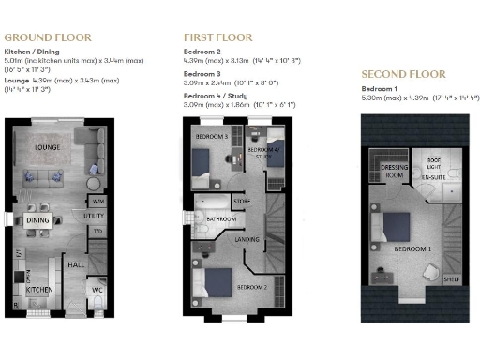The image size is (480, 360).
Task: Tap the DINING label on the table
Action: pyautogui.click(x=38, y=220)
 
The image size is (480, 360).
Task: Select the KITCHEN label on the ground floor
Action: pyautogui.click(x=38, y=291)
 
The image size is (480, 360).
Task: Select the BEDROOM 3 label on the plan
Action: pyautogui.click(x=212, y=138)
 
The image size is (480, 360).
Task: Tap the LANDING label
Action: pyautogui.click(x=247, y=240)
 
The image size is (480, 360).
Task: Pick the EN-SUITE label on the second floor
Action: pyautogui.click(x=431, y=175)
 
